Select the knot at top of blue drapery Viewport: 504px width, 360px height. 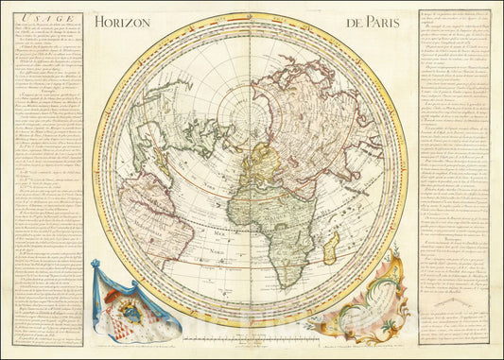pyautogui.click(x=96, y=267)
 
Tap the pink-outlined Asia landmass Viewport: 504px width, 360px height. pyautogui.click(x=312, y=113)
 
